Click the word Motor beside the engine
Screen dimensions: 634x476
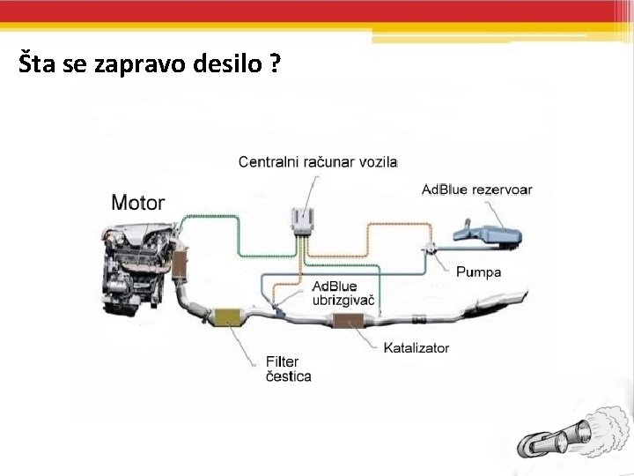point(138,202)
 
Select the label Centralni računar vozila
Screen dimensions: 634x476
point(318,162)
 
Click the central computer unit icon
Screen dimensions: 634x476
point(303,222)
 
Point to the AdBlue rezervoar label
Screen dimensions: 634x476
point(476,190)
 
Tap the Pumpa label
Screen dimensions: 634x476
point(478,272)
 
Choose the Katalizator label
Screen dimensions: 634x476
point(416,347)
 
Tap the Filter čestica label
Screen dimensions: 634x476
point(288,368)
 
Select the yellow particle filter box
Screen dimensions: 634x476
point(230,316)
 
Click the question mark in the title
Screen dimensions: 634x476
point(276,65)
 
